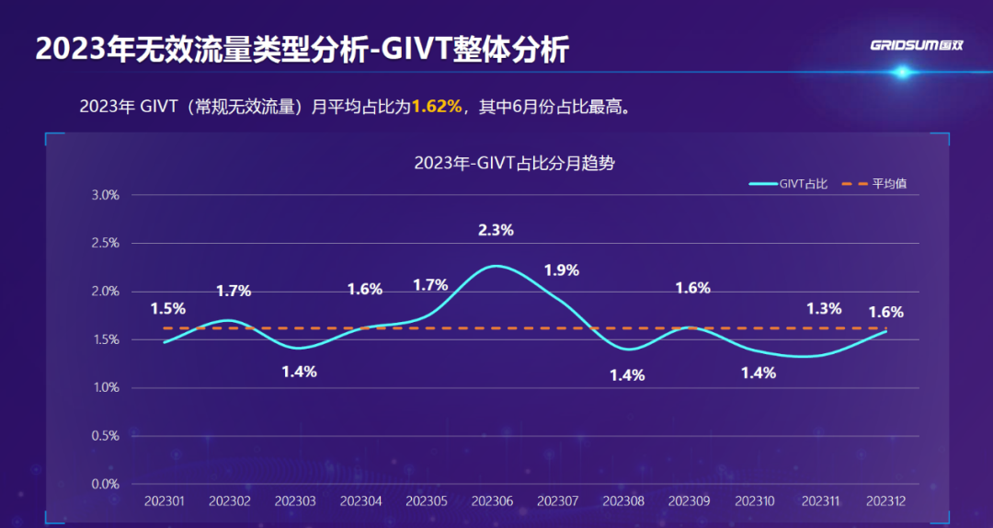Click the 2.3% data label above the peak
tap(496, 231)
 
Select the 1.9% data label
tap(561, 270)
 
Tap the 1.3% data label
tap(823, 309)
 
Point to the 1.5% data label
tap(168, 309)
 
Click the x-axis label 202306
tap(492, 501)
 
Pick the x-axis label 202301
tap(164, 501)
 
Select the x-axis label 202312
tap(886, 501)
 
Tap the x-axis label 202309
tap(689, 501)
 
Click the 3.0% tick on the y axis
tap(106, 195)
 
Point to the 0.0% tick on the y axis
tap(106, 484)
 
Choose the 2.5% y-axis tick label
tap(106, 244)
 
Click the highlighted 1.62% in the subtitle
tap(436, 107)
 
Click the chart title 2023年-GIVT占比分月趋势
tap(514, 165)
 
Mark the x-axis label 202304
tap(360, 501)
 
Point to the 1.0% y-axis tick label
tap(106, 388)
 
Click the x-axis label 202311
tap(821, 501)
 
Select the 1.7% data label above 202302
tap(234, 292)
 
